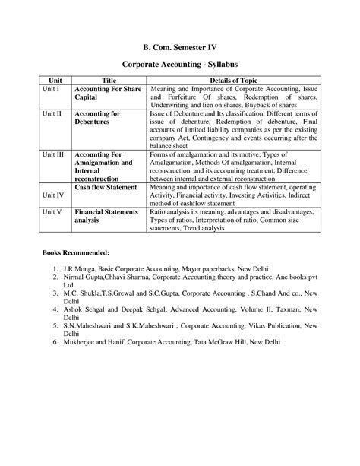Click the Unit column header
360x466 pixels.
tap(55, 80)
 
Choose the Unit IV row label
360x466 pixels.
tap(53, 195)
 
